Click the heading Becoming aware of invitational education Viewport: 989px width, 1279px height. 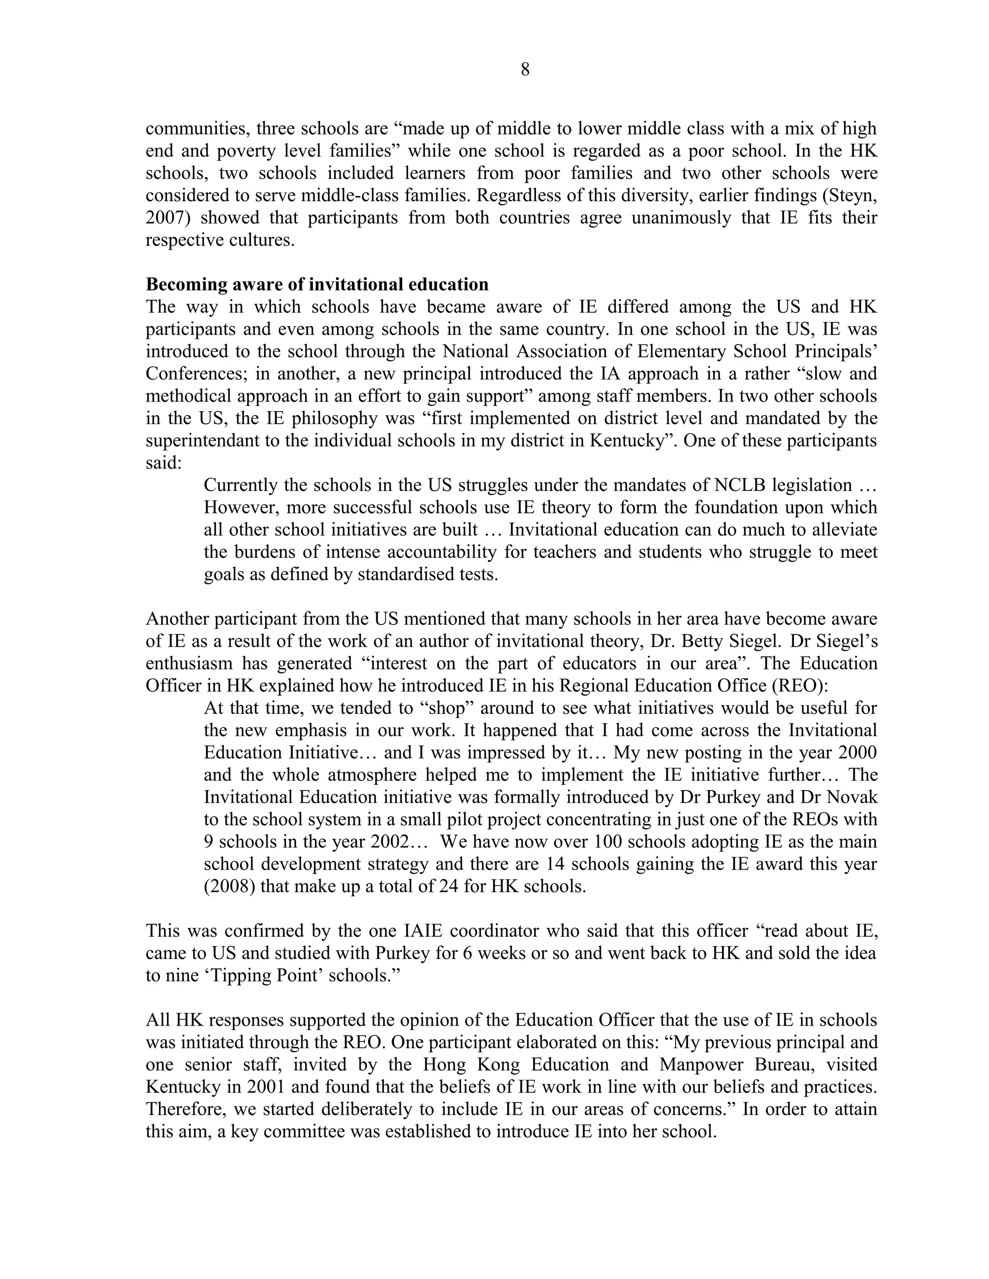(x=317, y=285)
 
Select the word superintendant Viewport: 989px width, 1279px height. (x=202, y=440)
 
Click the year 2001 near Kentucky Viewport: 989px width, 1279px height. (x=266, y=1087)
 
